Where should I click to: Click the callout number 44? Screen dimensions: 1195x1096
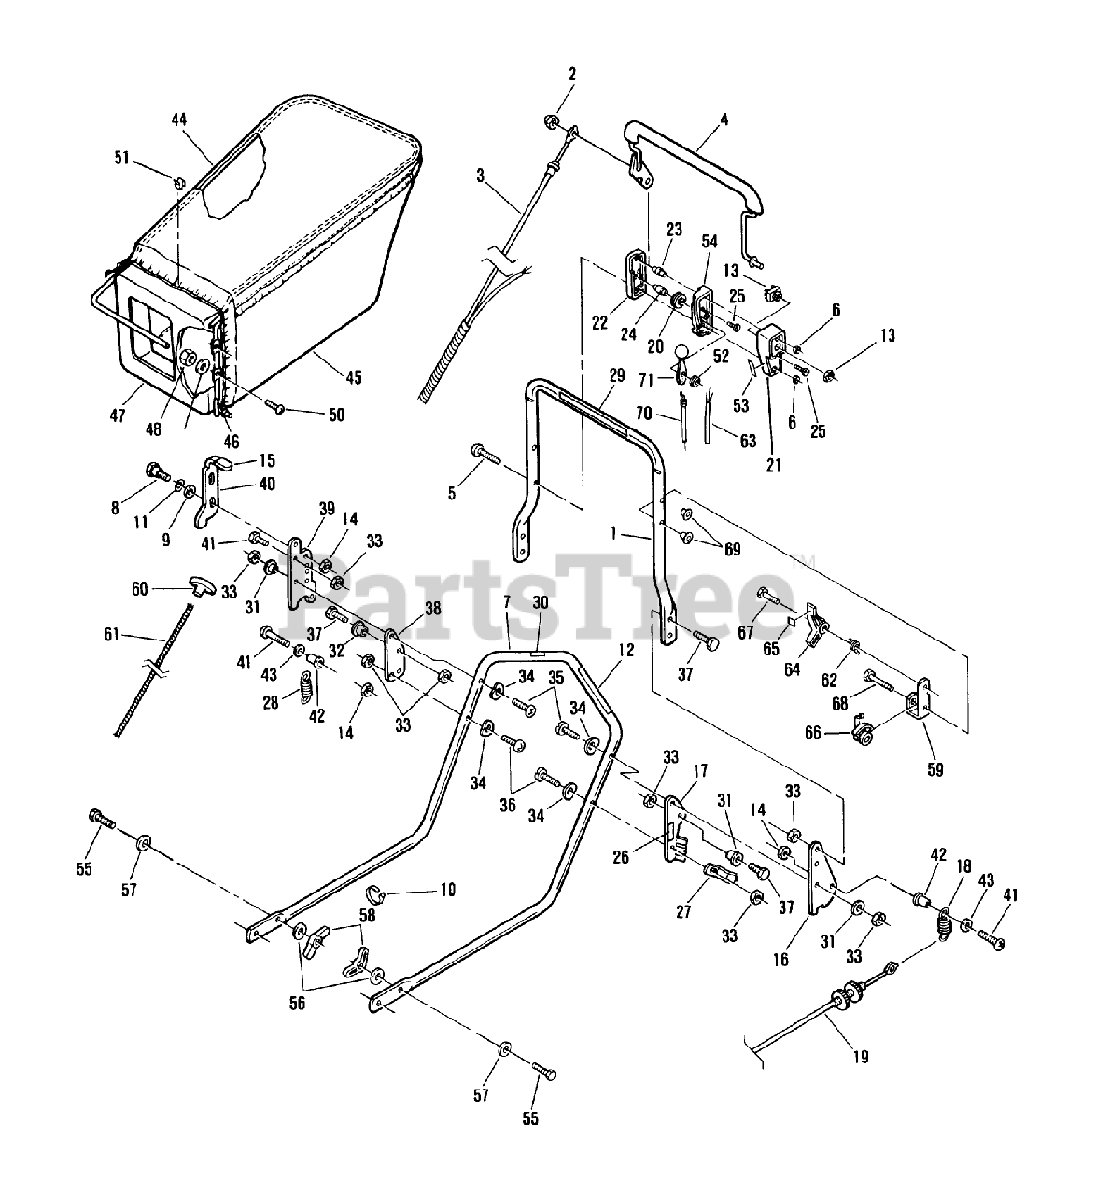point(179,119)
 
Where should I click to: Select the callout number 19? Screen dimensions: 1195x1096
point(861,1057)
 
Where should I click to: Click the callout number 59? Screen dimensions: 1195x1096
point(934,770)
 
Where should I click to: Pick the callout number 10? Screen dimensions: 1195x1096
point(447,890)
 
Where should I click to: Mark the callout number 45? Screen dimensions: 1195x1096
point(352,378)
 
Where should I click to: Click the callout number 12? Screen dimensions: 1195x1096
point(625,649)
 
